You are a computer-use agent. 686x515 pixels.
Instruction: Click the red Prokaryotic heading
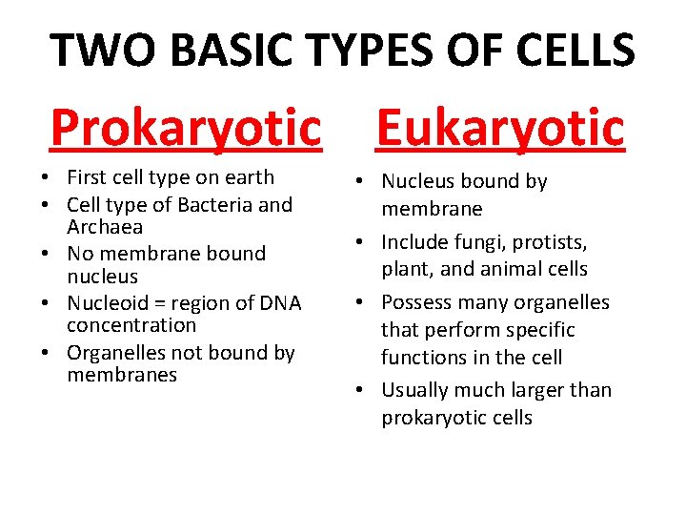click(x=187, y=128)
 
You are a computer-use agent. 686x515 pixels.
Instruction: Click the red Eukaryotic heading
click(x=500, y=128)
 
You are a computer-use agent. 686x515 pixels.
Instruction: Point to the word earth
click(x=251, y=177)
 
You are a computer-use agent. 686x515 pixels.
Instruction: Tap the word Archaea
click(x=105, y=227)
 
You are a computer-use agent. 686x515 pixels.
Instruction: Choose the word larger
click(x=541, y=390)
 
